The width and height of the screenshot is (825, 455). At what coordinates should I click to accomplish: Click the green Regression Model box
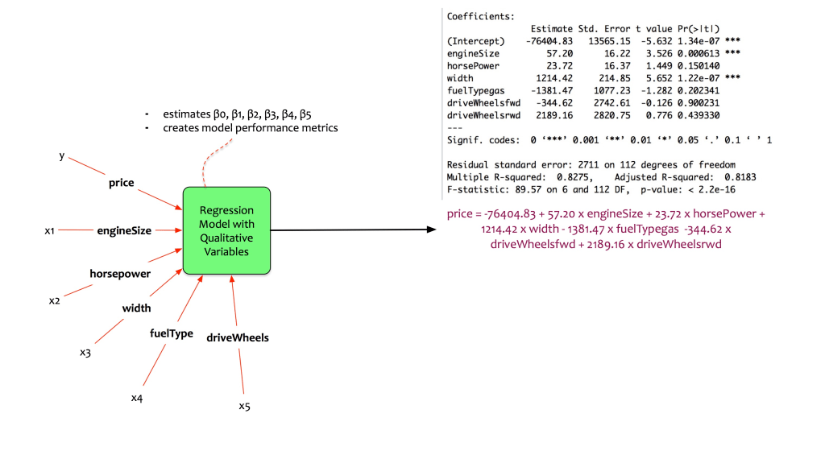click(226, 230)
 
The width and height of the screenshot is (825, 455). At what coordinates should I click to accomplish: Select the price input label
click(122, 184)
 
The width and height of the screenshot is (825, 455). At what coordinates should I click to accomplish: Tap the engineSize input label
click(124, 230)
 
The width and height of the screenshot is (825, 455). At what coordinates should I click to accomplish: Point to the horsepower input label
click(120, 274)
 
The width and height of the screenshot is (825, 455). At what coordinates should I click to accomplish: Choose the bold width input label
click(137, 308)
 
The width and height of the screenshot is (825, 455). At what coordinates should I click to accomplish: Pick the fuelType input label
click(172, 333)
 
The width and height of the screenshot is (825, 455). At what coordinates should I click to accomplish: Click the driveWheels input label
click(238, 337)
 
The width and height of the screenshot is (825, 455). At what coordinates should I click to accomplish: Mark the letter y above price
click(61, 155)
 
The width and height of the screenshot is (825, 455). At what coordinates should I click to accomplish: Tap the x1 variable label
click(49, 231)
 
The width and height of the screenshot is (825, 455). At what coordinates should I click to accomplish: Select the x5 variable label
click(244, 406)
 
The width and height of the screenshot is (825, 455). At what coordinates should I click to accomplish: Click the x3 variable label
click(85, 352)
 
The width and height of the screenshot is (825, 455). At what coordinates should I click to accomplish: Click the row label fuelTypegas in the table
click(474, 91)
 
